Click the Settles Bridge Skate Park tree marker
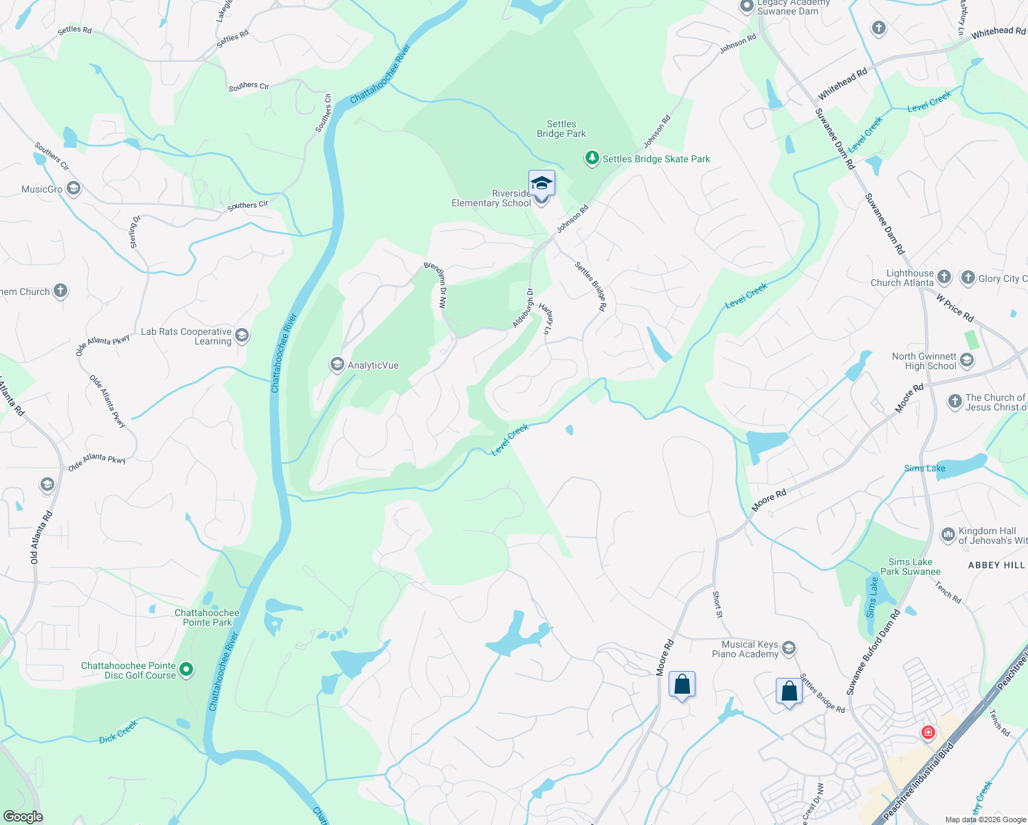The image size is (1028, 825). coord(592,159)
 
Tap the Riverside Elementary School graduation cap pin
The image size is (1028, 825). coord(541,184)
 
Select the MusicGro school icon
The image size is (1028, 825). coord(74,188)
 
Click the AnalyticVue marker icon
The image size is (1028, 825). coord(337,364)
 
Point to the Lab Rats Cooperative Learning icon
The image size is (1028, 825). coord(241,335)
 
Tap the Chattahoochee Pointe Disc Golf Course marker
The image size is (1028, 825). coord(186,669)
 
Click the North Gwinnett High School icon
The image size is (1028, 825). coord(967,360)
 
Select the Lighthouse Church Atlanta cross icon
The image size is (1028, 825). coord(944,277)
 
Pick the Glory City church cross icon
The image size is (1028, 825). coord(968,278)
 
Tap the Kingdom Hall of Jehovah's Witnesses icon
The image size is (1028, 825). coord(948,534)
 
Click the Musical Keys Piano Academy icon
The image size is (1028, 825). coord(789,648)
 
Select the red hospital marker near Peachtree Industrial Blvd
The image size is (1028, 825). coord(928,733)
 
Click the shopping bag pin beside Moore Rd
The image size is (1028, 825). coord(682,685)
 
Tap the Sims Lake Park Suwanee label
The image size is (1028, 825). coord(910,566)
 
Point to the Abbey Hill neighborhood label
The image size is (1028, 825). coord(996,565)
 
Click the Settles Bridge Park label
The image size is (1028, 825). coord(561,129)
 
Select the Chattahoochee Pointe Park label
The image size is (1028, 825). coord(207,617)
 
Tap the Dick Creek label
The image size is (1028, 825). coord(118,731)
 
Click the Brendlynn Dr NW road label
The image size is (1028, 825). coord(436,285)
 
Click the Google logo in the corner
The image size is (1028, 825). coord(23,816)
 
